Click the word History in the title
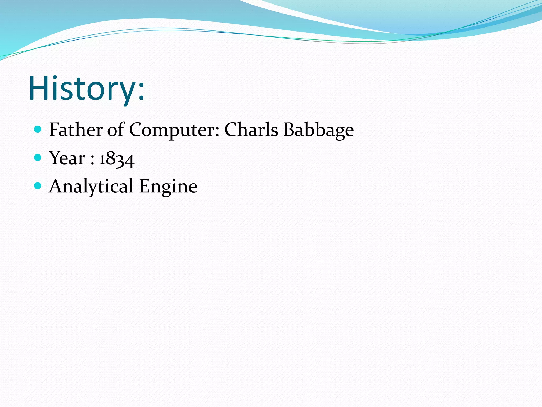[82, 88]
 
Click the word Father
[76, 130]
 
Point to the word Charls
[251, 130]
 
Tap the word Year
[67, 158]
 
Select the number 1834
[117, 159]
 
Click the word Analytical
[91, 186]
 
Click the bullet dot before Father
[38, 129]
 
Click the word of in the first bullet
[116, 130]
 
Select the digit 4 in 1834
[130, 161]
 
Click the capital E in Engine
[145, 186]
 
